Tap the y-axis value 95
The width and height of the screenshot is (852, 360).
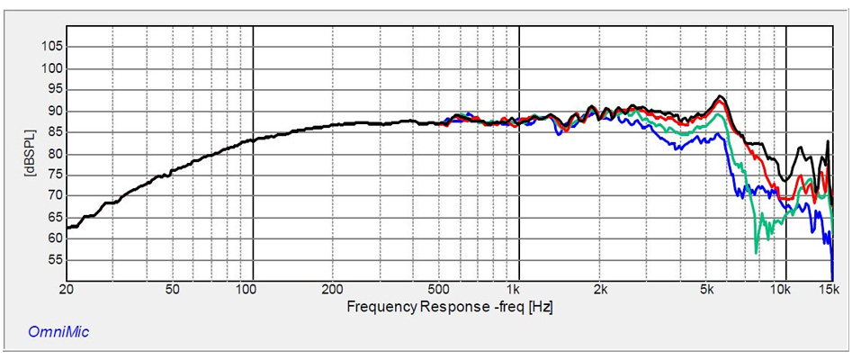click(x=53, y=89)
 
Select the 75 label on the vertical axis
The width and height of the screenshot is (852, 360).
click(x=53, y=174)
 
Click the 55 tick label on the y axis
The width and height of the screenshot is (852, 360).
click(x=53, y=259)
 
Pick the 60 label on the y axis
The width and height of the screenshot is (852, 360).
click(x=53, y=238)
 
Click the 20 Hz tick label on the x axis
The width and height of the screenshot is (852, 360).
click(x=66, y=289)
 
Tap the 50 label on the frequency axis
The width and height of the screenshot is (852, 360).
click(x=172, y=289)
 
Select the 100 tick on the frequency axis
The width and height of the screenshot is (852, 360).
click(x=246, y=289)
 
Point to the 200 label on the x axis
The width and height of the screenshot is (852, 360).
click(x=333, y=289)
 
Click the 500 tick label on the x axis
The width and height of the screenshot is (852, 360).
click(x=438, y=289)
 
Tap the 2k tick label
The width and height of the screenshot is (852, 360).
click(x=600, y=289)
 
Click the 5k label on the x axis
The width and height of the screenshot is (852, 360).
click(x=707, y=289)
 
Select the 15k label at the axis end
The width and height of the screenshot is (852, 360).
click(x=829, y=289)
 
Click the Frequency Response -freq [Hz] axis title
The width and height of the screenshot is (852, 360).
click(x=449, y=307)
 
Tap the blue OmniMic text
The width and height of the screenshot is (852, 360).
click(x=59, y=332)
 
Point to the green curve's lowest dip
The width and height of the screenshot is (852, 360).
click(x=757, y=252)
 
